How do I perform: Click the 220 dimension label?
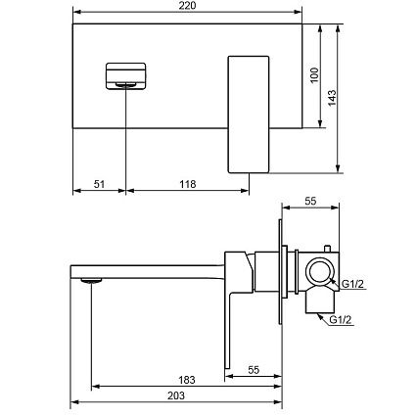pyautogui.click(x=188, y=6)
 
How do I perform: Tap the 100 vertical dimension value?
pyautogui.click(x=314, y=75)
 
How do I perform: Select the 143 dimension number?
pyautogui.click(x=332, y=98)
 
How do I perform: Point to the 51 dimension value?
pyautogui.click(x=99, y=184)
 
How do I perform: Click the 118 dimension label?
pyautogui.click(x=188, y=184)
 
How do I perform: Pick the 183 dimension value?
pyautogui.click(x=187, y=380)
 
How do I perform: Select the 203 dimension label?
pyautogui.click(x=176, y=395)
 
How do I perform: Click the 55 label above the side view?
pyautogui.click(x=310, y=201)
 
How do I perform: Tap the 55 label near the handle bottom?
pyautogui.click(x=254, y=370)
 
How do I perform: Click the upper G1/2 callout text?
pyautogui.click(x=352, y=284)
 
